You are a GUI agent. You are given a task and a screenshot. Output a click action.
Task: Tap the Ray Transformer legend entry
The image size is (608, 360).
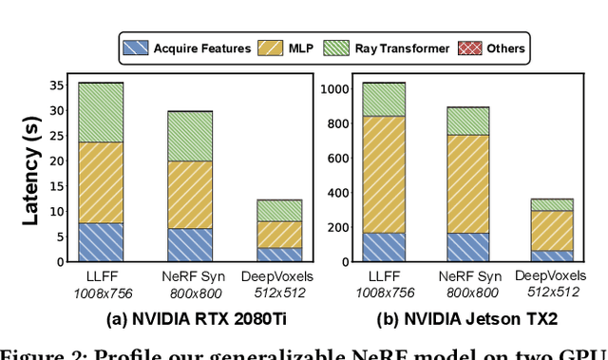click(x=385, y=47)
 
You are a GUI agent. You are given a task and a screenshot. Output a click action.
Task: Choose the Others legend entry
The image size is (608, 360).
click(x=492, y=47)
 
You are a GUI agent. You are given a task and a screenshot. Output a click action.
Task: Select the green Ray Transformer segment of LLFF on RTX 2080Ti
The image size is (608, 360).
click(x=101, y=112)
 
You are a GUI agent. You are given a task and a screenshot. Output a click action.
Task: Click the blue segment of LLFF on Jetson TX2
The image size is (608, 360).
click(x=384, y=246)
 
